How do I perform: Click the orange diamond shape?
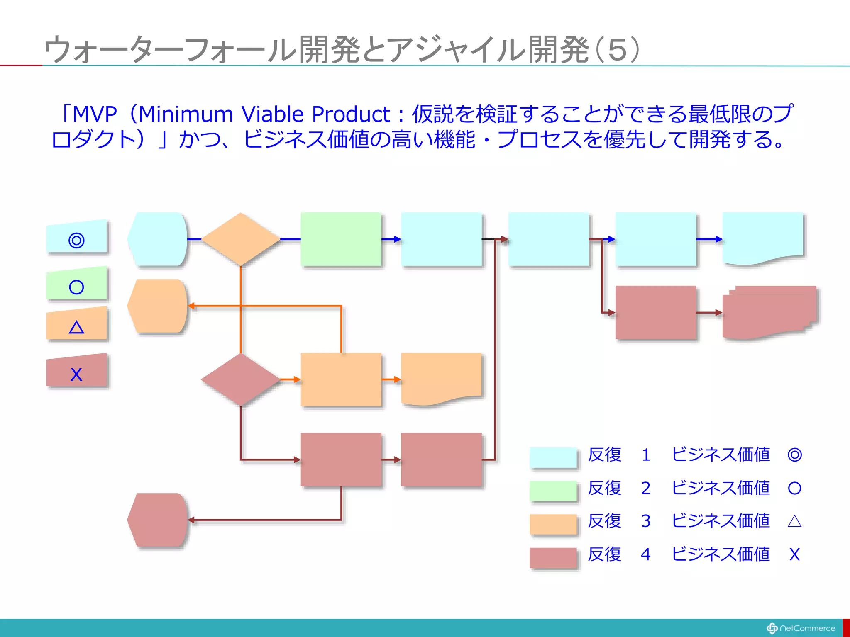241,239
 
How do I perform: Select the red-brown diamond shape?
241,379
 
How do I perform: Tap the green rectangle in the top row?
341,239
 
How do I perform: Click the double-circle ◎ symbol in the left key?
76,240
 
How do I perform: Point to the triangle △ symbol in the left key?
76,328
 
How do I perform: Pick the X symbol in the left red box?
76,374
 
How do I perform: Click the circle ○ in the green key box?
76,287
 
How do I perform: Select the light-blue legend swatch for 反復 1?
553,458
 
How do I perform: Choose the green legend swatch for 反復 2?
553,491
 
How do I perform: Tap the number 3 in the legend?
645,521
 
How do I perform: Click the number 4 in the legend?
645,554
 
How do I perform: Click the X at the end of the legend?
794,554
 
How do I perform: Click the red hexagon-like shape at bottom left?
157,520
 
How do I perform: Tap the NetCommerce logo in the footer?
801,628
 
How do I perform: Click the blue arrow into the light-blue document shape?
709,239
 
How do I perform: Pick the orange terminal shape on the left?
157,306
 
